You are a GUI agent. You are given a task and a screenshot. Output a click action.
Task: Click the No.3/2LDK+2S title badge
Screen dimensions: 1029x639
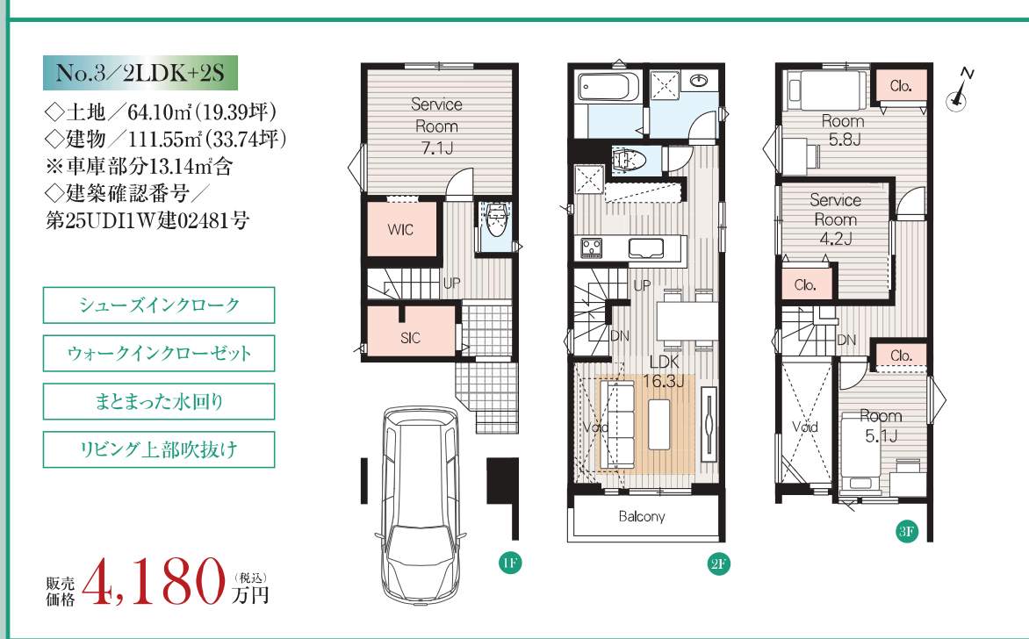point(140,73)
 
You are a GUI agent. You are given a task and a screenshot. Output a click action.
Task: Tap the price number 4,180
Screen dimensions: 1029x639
point(157,582)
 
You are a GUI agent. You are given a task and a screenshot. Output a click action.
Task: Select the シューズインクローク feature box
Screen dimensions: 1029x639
point(159,305)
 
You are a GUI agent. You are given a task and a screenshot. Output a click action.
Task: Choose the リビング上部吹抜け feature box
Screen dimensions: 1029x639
point(159,449)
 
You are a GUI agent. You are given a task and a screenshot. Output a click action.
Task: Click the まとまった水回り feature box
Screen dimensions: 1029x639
point(159,401)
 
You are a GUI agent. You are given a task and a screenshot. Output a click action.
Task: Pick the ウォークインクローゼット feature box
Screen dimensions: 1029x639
point(159,353)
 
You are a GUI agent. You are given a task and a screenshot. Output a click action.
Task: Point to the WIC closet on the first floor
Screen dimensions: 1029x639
point(401,229)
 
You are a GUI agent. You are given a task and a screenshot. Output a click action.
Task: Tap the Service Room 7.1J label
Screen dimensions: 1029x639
point(435,126)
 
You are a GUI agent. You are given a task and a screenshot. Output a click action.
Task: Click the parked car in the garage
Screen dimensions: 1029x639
point(421,505)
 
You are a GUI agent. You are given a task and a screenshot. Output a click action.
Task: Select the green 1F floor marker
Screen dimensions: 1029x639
point(510,563)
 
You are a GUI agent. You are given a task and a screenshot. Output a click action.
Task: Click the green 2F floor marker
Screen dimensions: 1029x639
point(718,564)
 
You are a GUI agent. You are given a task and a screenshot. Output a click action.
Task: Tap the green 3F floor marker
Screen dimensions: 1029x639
point(905,531)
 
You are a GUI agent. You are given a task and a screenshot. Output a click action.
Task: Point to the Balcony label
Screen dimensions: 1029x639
point(642,516)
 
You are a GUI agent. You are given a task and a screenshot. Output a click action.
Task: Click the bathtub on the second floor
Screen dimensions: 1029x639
point(609,87)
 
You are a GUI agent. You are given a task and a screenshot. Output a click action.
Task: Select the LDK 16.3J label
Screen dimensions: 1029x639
point(664,371)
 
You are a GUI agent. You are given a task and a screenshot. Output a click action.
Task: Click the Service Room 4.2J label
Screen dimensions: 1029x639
point(836,219)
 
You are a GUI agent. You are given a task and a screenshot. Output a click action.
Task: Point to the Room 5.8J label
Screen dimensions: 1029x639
point(843,130)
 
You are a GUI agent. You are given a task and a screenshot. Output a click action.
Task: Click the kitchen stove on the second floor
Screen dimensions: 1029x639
point(592,248)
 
